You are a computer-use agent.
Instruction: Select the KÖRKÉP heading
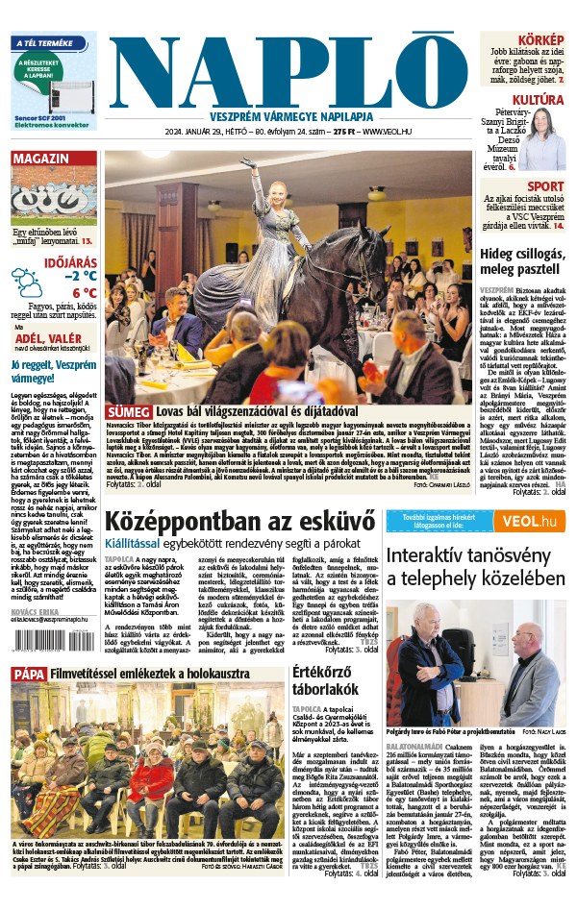point(540,41)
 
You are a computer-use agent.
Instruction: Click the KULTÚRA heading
point(538,100)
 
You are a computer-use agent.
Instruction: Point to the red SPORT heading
point(545,186)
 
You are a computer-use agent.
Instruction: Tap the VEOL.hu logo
point(528,521)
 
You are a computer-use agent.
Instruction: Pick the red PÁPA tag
point(29,675)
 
